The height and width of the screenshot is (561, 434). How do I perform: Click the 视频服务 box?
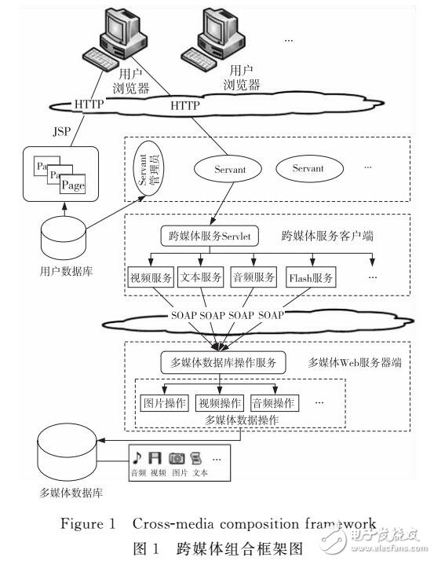pos(150,277)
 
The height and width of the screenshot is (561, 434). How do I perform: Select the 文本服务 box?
pos(200,277)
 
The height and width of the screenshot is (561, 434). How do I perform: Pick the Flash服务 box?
pos(312,277)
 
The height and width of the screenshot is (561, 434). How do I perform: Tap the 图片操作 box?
pos(166,403)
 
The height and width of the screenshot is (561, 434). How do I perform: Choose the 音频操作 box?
pos(274,403)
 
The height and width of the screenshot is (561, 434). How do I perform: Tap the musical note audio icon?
pos(137,456)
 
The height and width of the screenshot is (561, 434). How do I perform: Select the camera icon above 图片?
pos(178,456)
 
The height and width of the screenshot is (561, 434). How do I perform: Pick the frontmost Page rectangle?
pos(72,185)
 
